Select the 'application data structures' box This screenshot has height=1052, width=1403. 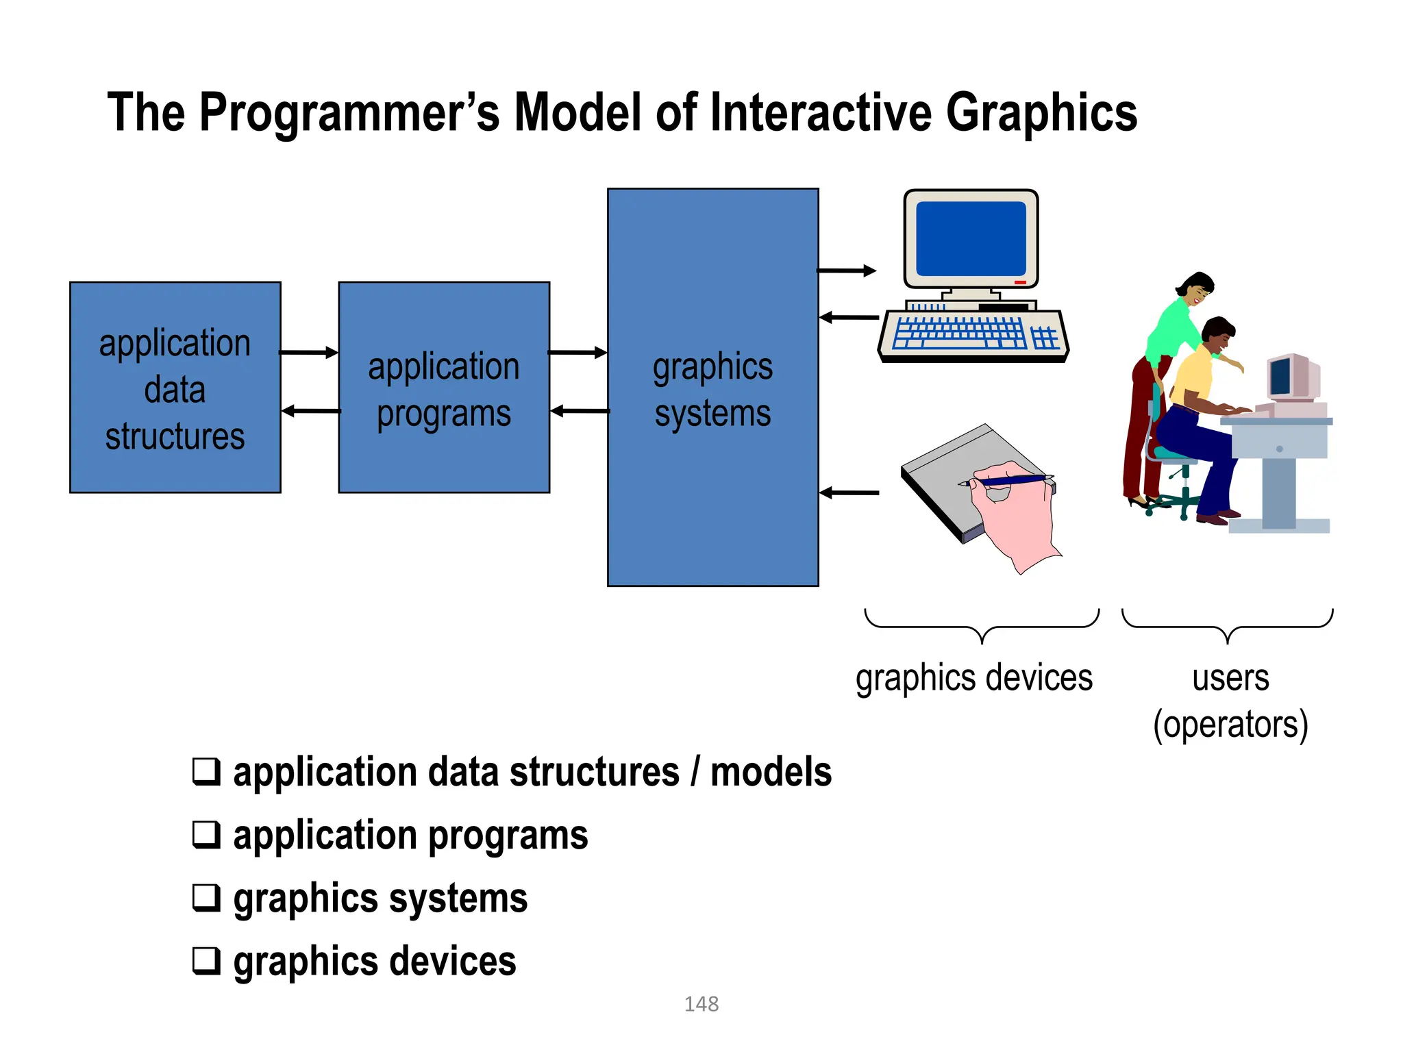pyautogui.click(x=175, y=388)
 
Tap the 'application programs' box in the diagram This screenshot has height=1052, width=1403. pyautogui.click(x=444, y=388)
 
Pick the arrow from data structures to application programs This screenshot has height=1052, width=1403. pyautogui.click(x=309, y=352)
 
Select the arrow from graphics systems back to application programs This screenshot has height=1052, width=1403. pyautogui.click(x=580, y=411)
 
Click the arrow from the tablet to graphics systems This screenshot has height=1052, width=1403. pyautogui.click(x=849, y=492)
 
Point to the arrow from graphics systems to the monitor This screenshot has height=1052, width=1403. pyautogui.click(x=847, y=271)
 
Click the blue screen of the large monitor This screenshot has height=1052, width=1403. pyautogui.click(x=971, y=238)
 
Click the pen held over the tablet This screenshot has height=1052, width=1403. pyautogui.click(x=1007, y=481)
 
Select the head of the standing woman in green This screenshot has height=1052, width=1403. pyautogui.click(x=1196, y=289)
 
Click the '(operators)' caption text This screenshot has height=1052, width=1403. pyautogui.click(x=1230, y=725)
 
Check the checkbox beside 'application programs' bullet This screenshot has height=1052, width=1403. pyautogui.click(x=206, y=834)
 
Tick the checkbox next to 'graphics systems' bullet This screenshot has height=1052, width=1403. pyautogui.click(x=206, y=897)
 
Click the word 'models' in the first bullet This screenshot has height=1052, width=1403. pyautogui.click(x=771, y=772)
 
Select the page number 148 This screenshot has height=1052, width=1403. pyautogui.click(x=701, y=1004)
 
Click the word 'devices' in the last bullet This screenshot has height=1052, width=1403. pyautogui.click(x=458, y=961)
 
